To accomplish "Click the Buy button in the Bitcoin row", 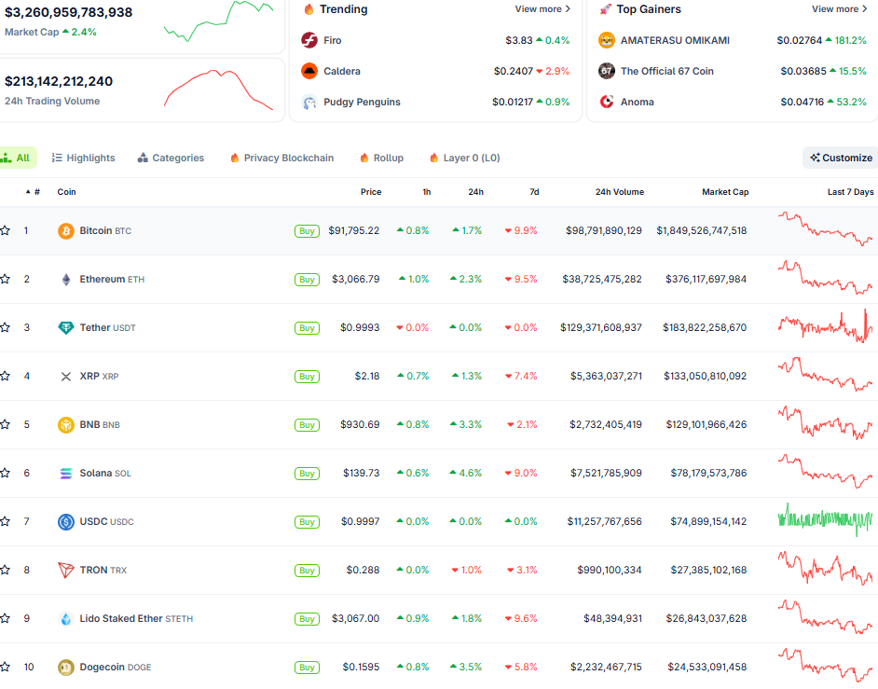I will [307, 231].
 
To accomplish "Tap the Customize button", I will [841, 158].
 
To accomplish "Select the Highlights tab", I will [84, 158].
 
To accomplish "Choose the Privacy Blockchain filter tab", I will [281, 158].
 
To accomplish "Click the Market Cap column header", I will [725, 192].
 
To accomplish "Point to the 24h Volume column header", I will [619, 192].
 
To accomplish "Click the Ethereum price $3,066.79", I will [355, 279].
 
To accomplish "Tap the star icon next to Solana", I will [6, 473].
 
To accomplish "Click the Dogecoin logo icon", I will [65, 667].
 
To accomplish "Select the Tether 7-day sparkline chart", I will [825, 327].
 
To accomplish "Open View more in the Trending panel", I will [542, 9].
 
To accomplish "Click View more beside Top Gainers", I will [839, 9].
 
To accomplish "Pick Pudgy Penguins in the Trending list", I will [362, 103].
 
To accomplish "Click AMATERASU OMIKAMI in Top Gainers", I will [675, 41].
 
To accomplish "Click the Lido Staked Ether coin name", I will [121, 618].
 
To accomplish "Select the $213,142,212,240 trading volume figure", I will [59, 81].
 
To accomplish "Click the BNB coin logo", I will [65, 424].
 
